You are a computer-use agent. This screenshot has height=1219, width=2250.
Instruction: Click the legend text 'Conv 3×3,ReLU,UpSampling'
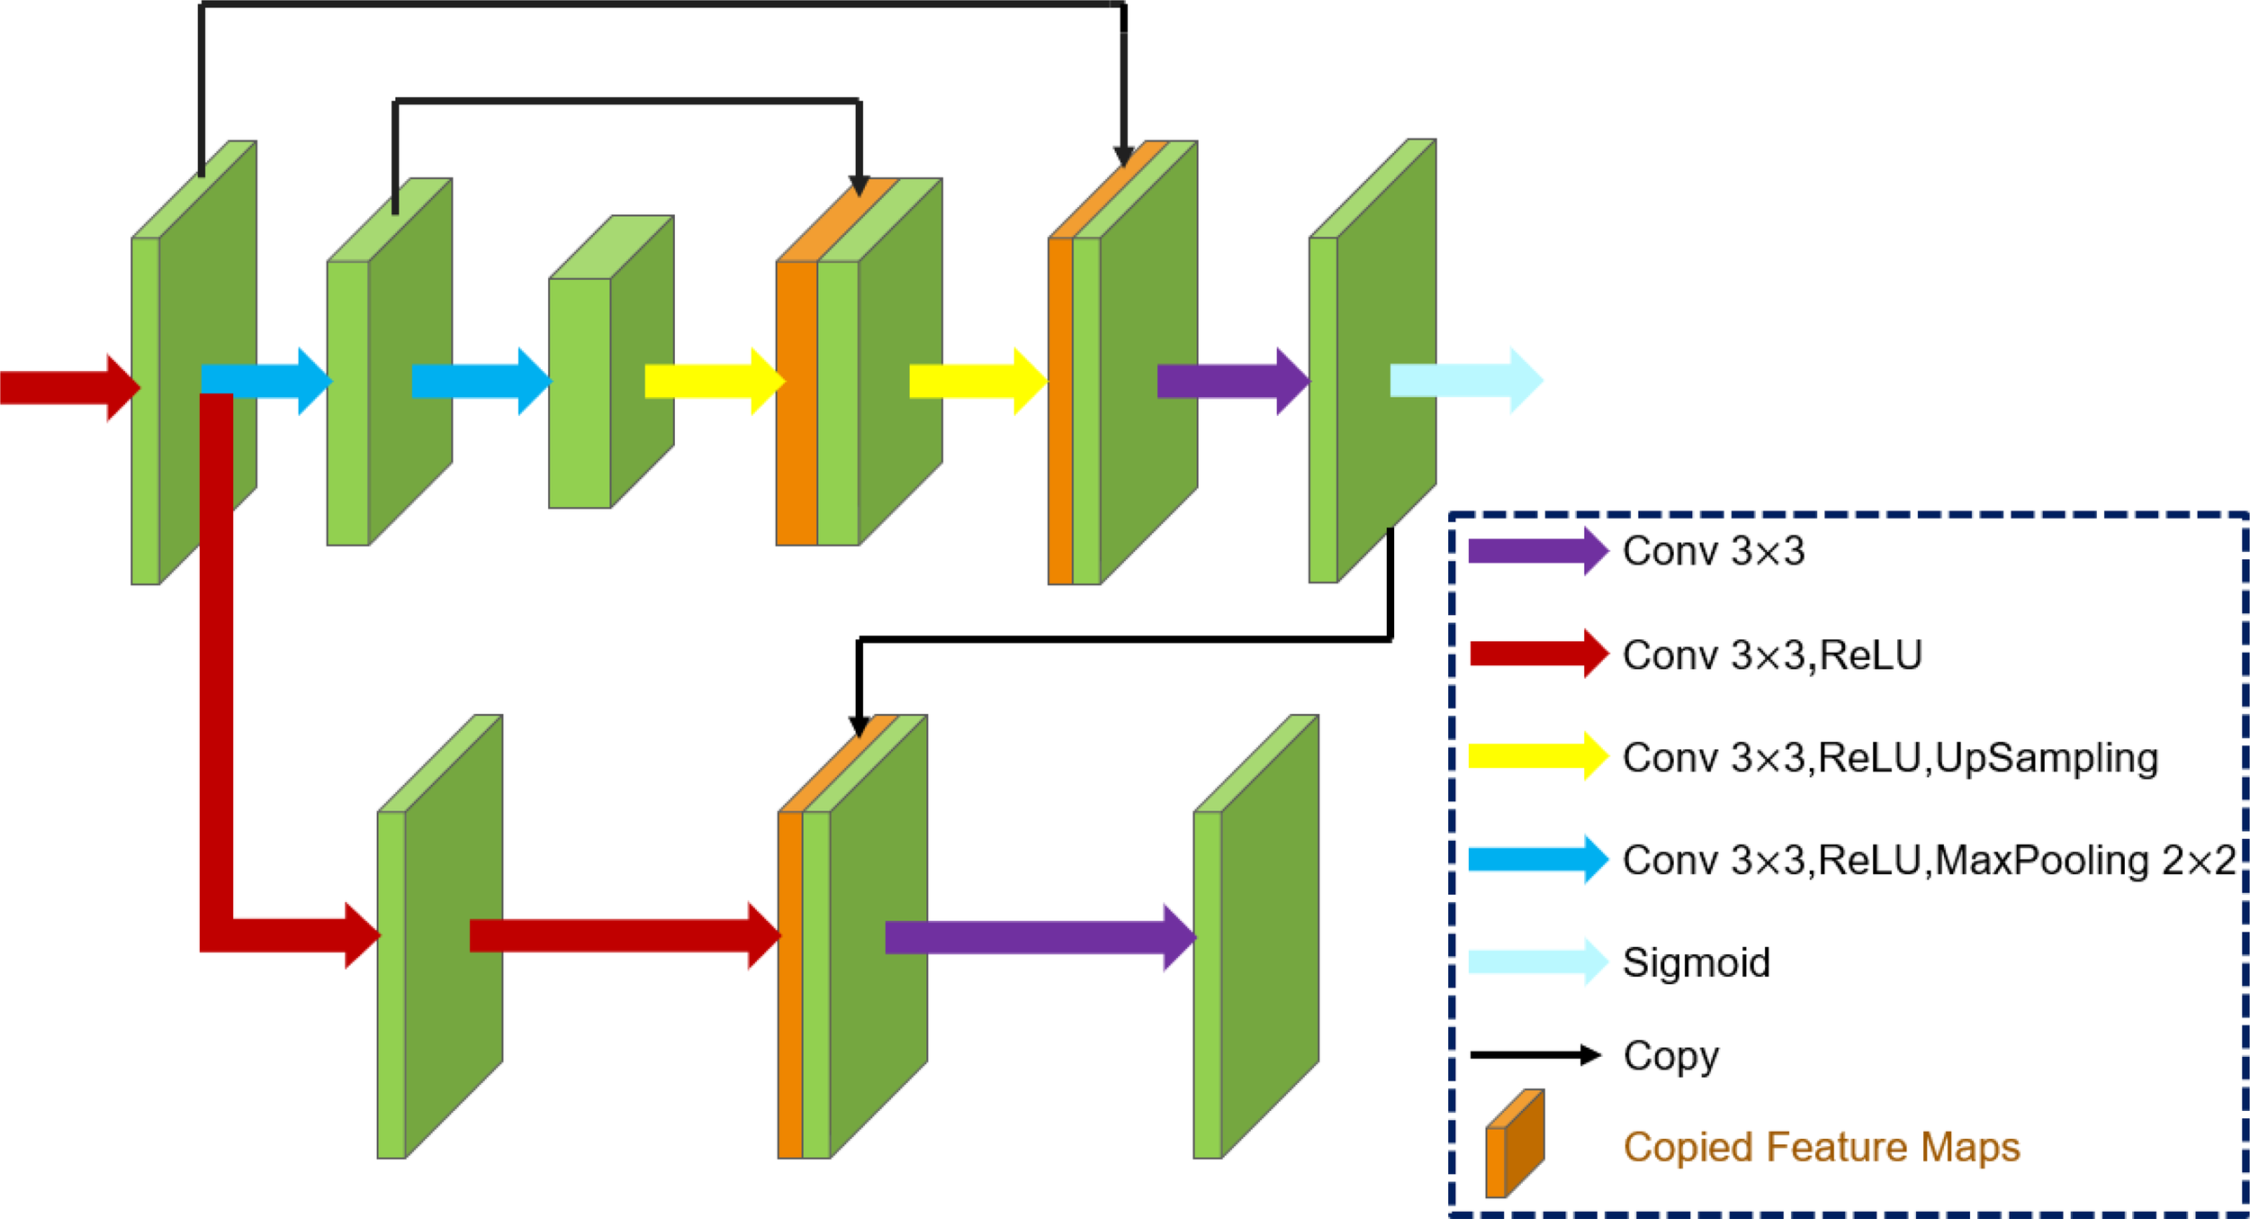point(1890,757)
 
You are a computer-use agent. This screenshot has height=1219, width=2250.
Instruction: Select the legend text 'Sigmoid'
point(1696,962)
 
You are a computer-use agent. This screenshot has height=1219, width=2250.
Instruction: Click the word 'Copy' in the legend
point(1670,1055)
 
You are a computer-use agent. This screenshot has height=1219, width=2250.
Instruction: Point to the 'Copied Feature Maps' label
point(1822,1147)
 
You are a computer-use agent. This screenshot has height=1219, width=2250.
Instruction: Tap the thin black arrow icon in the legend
point(1534,1055)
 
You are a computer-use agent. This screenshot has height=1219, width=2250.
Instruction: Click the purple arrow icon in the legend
point(1537,551)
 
